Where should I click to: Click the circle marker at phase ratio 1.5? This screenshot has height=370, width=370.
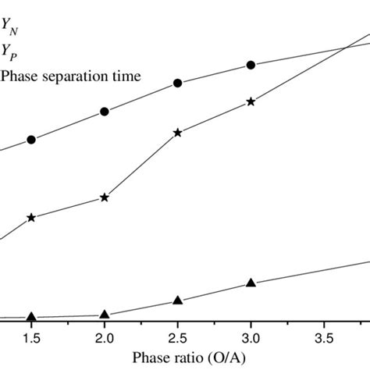31,140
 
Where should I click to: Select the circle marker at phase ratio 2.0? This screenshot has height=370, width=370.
105,112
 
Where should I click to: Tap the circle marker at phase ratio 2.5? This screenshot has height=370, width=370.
177,83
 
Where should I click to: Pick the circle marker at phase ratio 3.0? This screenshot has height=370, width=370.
251,65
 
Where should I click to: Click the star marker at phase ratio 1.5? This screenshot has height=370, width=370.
31,217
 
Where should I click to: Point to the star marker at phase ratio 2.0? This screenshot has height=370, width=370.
105,197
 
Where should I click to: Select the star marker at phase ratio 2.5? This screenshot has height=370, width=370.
177,133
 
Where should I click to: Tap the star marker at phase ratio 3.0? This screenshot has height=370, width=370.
251,101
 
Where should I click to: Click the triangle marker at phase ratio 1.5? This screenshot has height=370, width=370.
31,316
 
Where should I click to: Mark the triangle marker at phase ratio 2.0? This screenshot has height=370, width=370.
105,314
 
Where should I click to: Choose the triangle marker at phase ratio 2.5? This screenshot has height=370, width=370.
177,301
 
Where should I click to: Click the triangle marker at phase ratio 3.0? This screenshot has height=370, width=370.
251,282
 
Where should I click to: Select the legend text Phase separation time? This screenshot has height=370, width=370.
71,76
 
